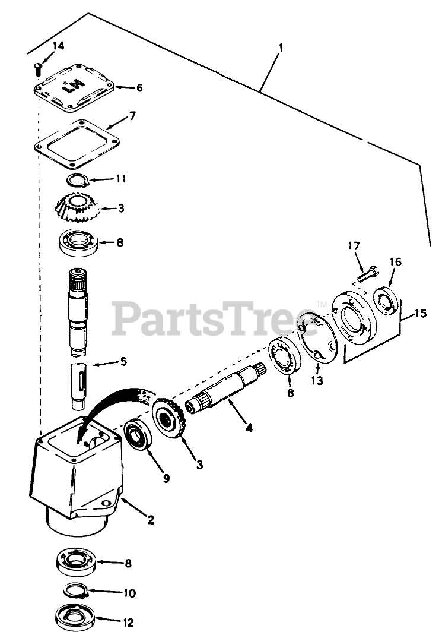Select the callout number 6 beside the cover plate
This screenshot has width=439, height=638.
click(x=139, y=88)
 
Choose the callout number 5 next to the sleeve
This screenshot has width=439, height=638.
click(x=123, y=361)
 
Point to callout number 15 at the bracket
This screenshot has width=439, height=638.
click(x=420, y=313)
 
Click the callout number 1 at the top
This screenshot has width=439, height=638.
click(x=280, y=48)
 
